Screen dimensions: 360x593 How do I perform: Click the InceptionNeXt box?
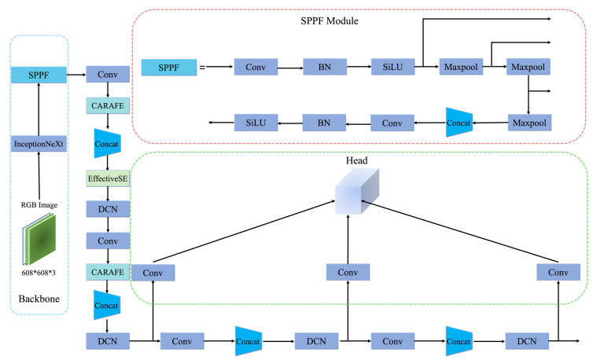pos(37,142)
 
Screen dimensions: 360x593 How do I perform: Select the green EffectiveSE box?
pos(107,178)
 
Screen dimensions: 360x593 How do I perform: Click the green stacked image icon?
pos(37,241)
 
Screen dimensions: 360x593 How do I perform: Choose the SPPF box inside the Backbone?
pos(37,76)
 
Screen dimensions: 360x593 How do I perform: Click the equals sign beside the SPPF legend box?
pos(203,68)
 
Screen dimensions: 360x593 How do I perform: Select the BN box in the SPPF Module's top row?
pos(325,68)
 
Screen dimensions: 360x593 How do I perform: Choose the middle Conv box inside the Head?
pos(347,272)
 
